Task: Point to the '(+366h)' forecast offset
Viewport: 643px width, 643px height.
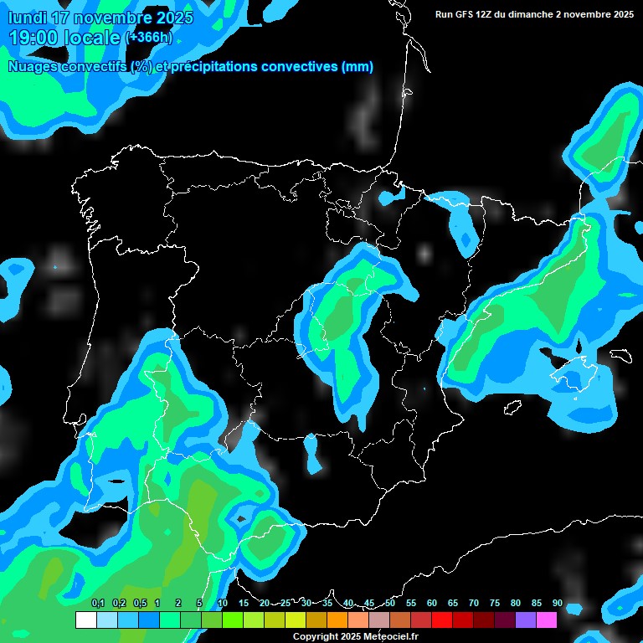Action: point(149,38)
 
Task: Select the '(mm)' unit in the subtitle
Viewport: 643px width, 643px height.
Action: point(358,67)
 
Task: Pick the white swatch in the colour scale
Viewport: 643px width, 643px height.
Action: point(85,620)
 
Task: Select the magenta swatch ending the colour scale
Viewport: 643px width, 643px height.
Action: point(547,620)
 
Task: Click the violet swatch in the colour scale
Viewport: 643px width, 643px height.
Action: point(526,620)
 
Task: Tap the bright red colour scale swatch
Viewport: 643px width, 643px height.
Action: point(442,620)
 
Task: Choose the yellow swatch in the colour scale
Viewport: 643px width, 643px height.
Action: point(295,620)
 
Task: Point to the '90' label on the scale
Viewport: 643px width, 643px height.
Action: point(557,603)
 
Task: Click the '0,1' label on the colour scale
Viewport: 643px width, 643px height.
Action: point(97,603)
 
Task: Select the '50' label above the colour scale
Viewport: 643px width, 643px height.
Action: point(390,603)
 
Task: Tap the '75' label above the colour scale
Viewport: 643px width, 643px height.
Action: point(495,603)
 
